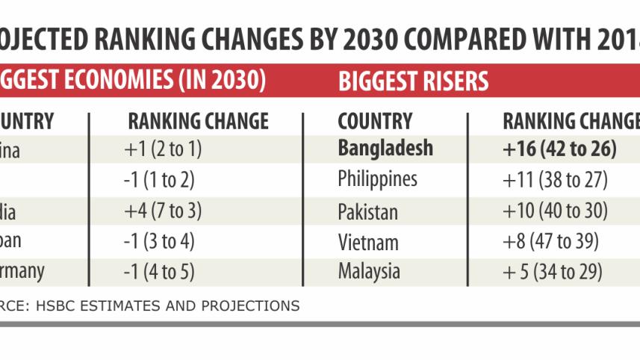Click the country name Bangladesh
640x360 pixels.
[385, 148]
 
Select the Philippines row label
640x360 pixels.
[377, 180]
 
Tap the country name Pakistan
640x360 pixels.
[367, 211]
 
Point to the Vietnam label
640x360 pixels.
[367, 242]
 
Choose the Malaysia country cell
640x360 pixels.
[369, 271]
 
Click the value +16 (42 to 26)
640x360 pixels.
[559, 149]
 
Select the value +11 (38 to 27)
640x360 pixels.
[555, 180]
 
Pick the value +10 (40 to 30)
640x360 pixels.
[555, 211]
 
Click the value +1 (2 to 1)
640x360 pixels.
[162, 149]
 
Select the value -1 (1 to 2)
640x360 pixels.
[160, 180]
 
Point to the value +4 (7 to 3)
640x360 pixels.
[163, 211]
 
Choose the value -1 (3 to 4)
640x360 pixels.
[160, 242]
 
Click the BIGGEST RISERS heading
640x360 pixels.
[414, 81]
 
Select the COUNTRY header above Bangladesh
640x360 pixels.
[375, 121]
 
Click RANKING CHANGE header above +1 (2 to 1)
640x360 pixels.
[198, 121]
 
